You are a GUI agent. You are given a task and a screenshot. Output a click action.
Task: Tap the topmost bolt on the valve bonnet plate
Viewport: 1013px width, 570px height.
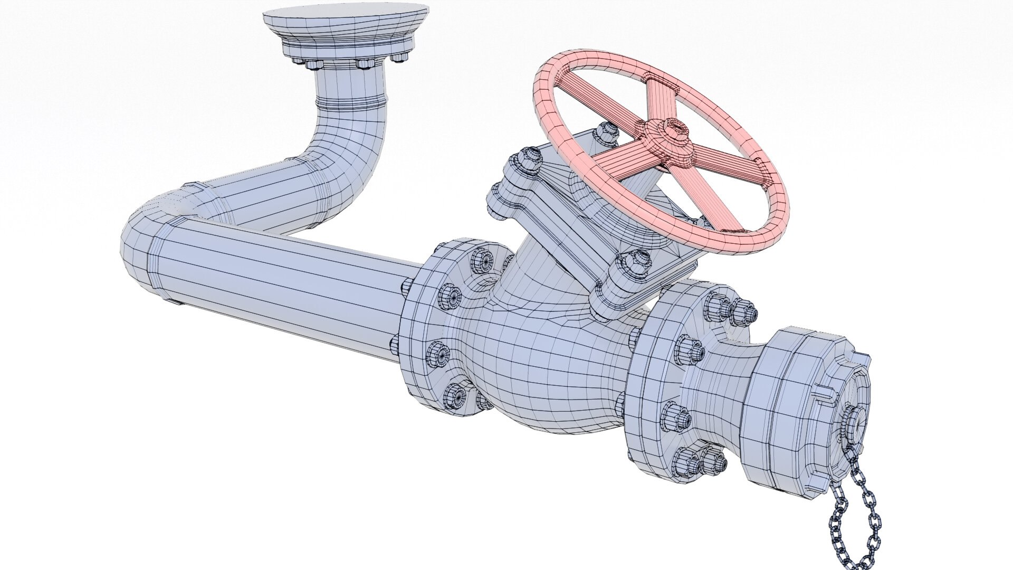click(605, 134)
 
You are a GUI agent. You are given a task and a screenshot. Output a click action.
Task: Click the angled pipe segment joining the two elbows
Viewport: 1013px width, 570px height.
click(253, 203)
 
